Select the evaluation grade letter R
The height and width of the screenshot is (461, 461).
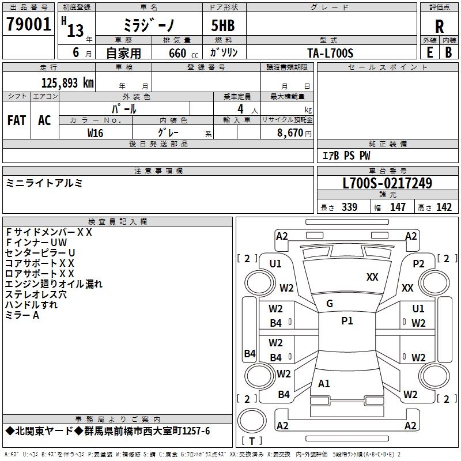[x=439, y=26]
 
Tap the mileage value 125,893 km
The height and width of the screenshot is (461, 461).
[x=67, y=83]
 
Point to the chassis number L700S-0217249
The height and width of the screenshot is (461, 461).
[x=387, y=184]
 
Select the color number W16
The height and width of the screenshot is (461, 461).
[x=95, y=133]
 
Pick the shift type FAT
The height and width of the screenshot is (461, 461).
[x=16, y=120]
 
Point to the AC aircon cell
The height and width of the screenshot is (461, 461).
[x=44, y=120]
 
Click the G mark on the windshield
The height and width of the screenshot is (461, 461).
[x=330, y=304]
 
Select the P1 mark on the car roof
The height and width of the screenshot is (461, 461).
[x=347, y=321]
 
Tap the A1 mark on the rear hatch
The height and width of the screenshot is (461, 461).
[x=324, y=383]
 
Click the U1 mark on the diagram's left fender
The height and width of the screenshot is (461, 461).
[x=275, y=263]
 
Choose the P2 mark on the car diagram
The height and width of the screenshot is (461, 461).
[x=418, y=263]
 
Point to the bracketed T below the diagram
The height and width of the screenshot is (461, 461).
[x=252, y=441]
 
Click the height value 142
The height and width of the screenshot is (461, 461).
[x=444, y=207]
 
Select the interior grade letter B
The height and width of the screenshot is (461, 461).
[x=448, y=52]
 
